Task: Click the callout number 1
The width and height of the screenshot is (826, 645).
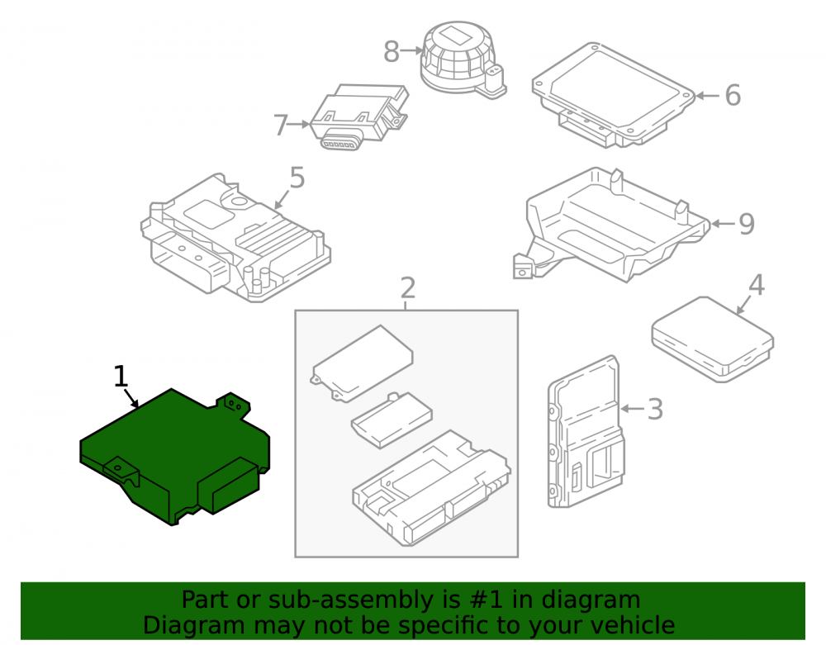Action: tap(121, 377)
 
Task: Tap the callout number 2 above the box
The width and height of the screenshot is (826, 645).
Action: tap(408, 288)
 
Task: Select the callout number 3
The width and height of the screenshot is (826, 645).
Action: tap(655, 409)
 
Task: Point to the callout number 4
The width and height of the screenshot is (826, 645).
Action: tap(757, 285)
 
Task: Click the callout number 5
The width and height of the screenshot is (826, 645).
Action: tap(297, 178)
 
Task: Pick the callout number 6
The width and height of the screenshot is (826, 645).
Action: tap(733, 95)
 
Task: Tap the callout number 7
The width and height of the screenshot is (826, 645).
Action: tap(281, 126)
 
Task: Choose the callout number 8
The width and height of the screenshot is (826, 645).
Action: tap(392, 51)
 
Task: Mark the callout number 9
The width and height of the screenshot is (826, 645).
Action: tap(747, 224)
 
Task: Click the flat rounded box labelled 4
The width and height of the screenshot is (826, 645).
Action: tap(713, 339)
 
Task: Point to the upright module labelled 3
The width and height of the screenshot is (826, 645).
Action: tap(586, 432)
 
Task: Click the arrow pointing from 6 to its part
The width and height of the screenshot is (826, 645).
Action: tap(708, 96)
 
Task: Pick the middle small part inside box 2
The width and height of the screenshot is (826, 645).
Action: tap(392, 420)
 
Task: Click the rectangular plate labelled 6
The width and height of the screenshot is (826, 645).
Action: tap(614, 95)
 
